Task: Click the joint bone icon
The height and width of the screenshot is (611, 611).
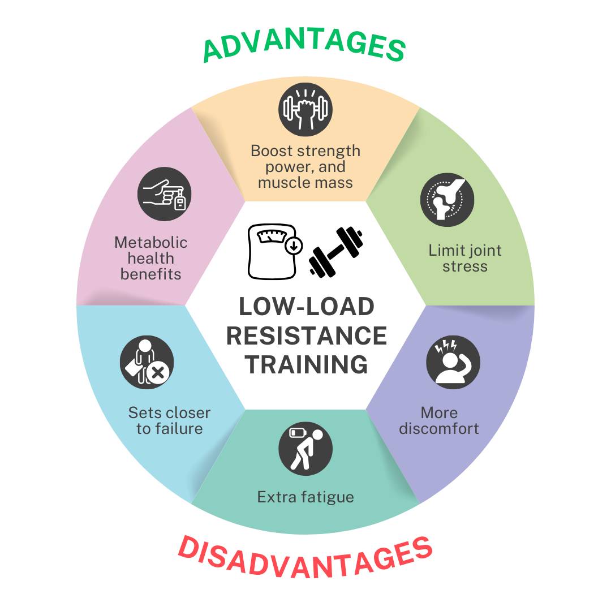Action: click(x=447, y=200)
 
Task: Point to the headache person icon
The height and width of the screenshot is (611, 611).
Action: click(x=453, y=363)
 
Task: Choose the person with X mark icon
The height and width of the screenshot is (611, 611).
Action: click(x=147, y=363)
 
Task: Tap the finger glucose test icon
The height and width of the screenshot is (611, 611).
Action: click(x=164, y=193)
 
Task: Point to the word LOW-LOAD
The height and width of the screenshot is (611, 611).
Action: click(x=306, y=307)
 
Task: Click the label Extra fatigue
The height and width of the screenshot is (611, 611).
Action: click(x=305, y=497)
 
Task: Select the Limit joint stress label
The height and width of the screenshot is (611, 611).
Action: click(x=465, y=258)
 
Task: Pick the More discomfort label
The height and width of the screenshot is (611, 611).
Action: click(x=439, y=420)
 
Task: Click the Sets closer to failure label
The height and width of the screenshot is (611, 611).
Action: click(x=169, y=420)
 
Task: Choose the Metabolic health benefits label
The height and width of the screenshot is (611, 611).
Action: click(x=150, y=258)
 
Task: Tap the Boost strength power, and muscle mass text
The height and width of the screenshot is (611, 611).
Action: click(x=305, y=167)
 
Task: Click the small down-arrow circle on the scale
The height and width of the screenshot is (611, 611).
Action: click(x=295, y=246)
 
